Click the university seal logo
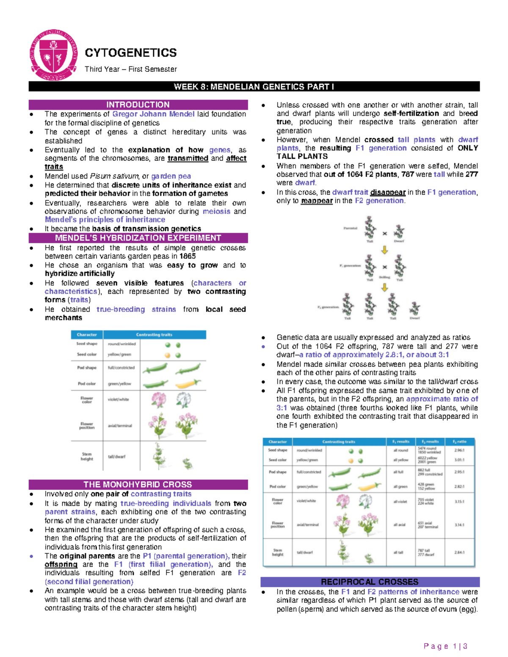click(53, 55)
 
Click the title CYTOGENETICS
click(131, 53)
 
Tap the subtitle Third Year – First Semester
click(131, 69)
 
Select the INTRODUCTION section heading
click(138, 104)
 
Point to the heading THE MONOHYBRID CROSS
click(138, 484)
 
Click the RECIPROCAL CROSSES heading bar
click(370, 582)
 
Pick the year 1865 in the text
click(188, 256)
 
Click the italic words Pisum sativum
click(114, 176)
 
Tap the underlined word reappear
click(317, 201)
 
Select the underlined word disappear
click(388, 192)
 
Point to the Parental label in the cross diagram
click(350, 228)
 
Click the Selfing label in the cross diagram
click(384, 278)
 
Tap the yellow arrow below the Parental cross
click(384, 250)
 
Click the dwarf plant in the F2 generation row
click(415, 310)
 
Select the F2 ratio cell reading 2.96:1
click(459, 451)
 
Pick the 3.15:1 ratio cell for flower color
click(459, 502)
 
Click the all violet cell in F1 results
click(400, 502)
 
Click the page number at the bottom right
click(445, 646)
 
